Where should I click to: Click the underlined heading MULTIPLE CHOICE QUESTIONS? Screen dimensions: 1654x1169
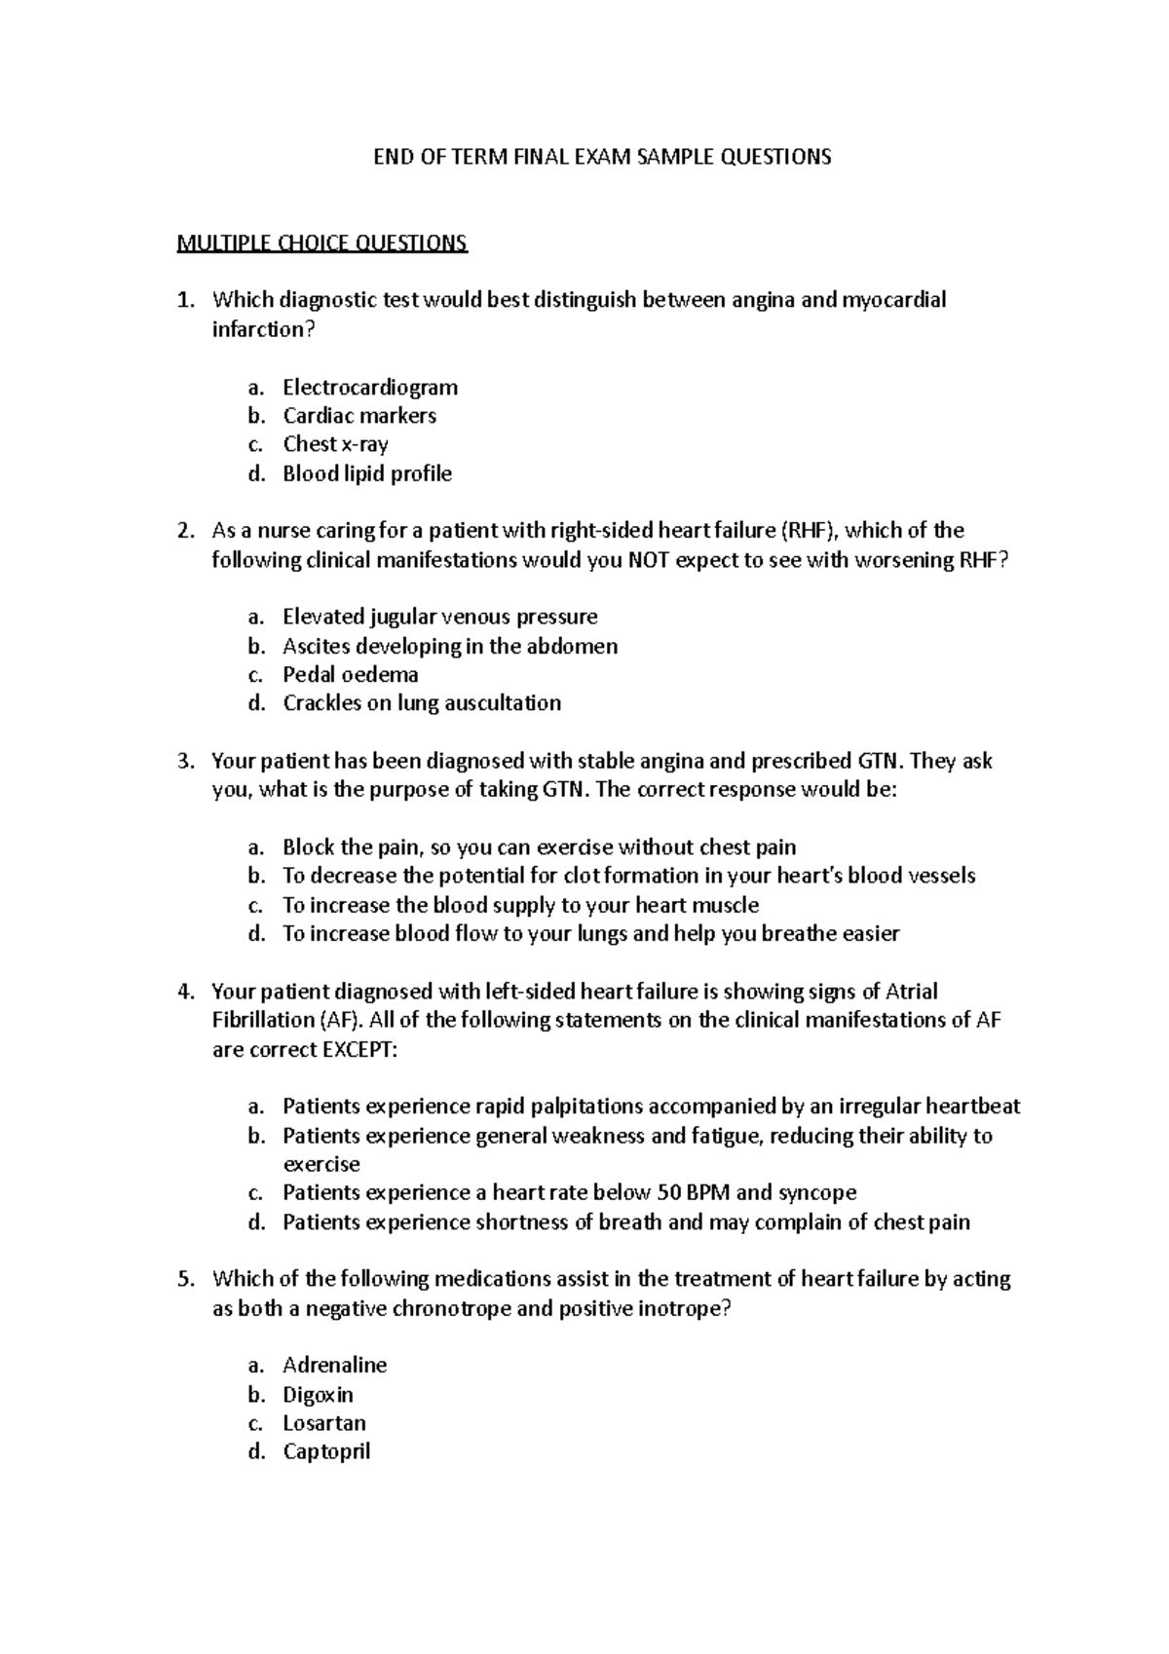(321, 243)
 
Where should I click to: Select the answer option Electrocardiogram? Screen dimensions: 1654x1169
(369, 387)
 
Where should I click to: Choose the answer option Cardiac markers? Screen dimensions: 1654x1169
(358, 416)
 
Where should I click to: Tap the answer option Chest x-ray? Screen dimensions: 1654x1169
(335, 444)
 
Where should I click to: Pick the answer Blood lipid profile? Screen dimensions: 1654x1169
(366, 473)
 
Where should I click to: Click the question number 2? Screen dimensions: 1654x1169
(184, 531)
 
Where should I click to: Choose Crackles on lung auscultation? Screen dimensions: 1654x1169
(421, 703)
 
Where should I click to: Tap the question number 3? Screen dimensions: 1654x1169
(184, 761)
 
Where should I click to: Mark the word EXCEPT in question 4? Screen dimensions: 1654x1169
(359, 1049)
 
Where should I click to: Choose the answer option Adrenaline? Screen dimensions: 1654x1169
(334, 1365)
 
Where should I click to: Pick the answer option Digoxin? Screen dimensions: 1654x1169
(318, 1394)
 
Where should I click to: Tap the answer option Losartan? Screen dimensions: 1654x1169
(323, 1423)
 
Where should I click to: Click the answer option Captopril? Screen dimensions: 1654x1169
(326, 1451)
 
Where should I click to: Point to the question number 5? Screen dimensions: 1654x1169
(184, 1279)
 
